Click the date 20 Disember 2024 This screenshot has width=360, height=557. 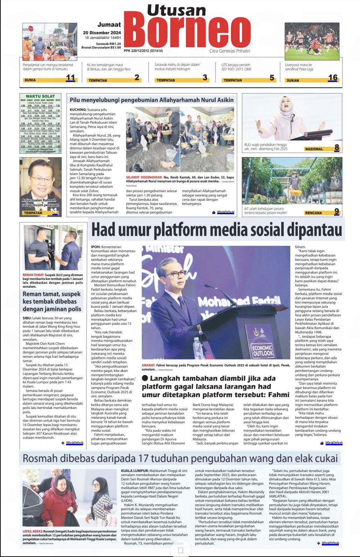point(102,33)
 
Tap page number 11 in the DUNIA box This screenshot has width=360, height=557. point(70,78)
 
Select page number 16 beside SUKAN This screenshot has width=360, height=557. point(333,78)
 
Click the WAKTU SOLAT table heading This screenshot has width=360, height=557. point(40,96)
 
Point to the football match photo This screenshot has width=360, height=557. point(312,41)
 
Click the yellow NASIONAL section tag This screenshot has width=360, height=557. point(314,149)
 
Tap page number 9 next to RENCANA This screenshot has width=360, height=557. point(337,211)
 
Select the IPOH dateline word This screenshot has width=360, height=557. point(96,247)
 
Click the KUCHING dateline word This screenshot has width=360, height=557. point(78,110)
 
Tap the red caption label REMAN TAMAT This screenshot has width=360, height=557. point(33,275)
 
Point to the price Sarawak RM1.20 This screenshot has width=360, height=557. point(108,44)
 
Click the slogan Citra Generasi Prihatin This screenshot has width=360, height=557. point(230,51)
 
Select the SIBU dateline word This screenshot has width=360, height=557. point(27,318)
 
